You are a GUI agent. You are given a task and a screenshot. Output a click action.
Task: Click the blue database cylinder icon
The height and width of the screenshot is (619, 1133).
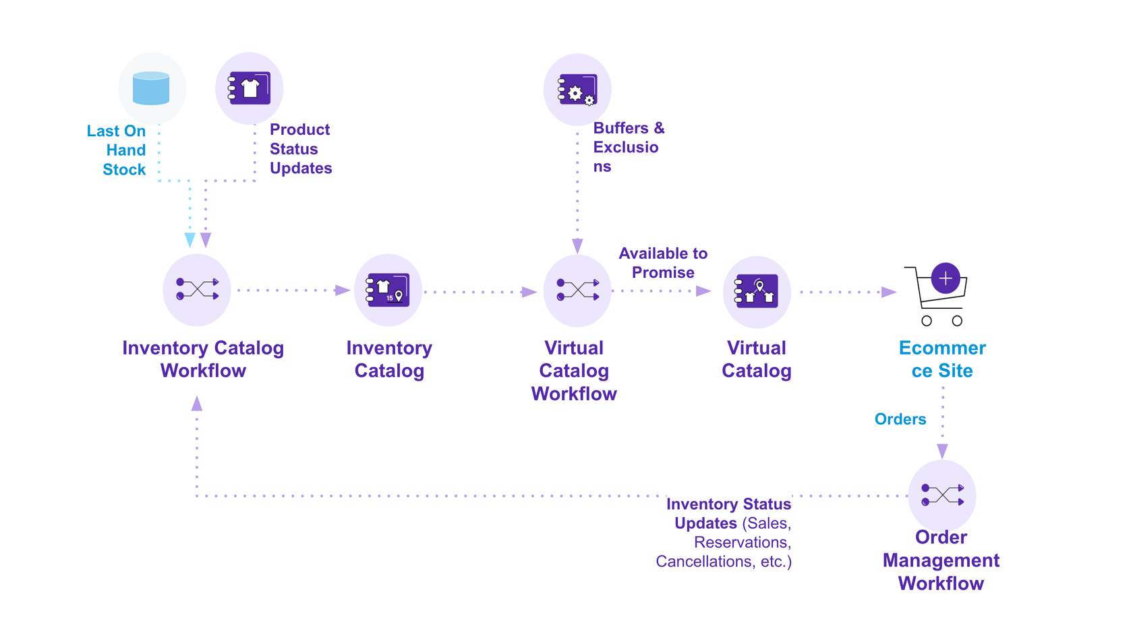pos(151,88)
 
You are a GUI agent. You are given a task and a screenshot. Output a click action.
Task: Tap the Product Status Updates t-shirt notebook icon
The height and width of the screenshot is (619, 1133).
pos(250,88)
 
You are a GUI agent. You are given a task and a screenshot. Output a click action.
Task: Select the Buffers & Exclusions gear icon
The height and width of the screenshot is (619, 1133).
pos(577,90)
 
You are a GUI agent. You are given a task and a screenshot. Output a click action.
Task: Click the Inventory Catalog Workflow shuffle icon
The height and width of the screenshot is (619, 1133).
pos(197,289)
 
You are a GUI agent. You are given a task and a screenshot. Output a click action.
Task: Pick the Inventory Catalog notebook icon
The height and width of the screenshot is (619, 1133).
pos(388,290)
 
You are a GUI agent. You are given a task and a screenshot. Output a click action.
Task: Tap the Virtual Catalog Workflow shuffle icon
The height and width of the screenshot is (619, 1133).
pos(577,290)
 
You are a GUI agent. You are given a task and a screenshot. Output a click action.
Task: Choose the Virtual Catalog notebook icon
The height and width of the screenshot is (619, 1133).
pos(757,291)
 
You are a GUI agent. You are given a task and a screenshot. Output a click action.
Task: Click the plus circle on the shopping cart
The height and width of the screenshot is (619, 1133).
pos(946,278)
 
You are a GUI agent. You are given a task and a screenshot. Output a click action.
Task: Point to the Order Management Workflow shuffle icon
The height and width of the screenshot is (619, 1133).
pos(942,495)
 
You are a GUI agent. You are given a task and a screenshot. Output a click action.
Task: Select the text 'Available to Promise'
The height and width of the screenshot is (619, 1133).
pos(663,263)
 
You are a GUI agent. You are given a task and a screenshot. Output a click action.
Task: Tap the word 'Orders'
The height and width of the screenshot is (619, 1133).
pos(900,419)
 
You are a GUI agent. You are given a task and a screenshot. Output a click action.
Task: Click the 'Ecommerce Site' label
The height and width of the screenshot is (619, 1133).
pos(942,359)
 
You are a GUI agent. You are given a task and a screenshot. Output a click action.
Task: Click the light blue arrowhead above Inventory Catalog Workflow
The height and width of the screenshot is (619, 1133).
pos(190,240)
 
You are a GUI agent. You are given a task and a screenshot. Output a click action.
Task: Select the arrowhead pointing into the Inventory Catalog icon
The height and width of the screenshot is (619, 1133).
pos(343,291)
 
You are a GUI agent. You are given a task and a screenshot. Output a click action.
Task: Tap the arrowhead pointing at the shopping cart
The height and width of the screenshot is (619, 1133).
pos(889,292)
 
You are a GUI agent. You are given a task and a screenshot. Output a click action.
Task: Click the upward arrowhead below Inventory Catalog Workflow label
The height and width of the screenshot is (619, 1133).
pos(197,403)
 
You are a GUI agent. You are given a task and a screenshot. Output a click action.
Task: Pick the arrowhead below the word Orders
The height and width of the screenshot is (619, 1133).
pos(943,451)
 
